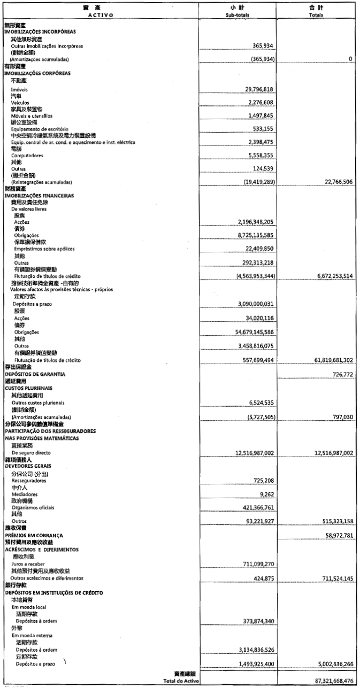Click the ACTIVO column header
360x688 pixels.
click(100, 15)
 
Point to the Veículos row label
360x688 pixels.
click(20, 103)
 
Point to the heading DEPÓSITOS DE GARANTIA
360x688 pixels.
click(35, 374)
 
